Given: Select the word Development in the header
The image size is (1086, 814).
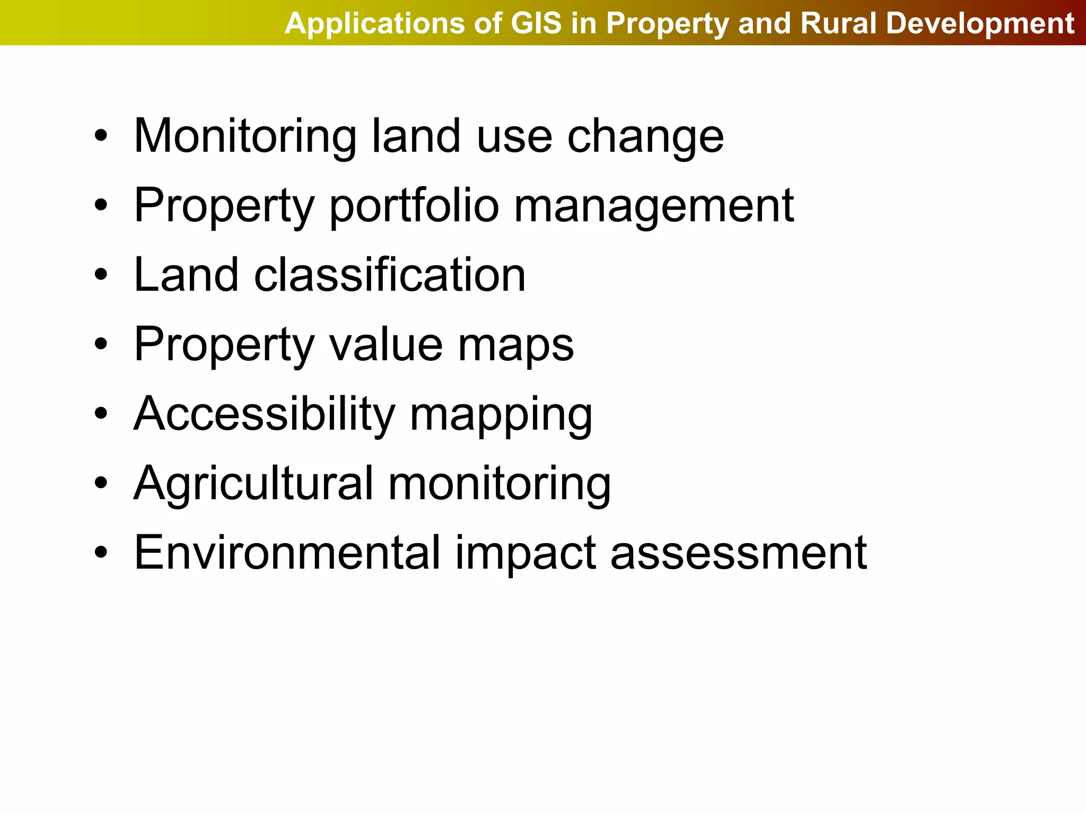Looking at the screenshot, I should pos(979,24).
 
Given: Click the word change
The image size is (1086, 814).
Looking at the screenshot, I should pos(645,137).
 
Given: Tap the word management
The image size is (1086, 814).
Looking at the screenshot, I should pos(654,207).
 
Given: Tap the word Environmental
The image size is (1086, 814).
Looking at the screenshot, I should pos(287,553).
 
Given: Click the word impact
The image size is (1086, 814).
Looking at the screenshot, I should pos(525,554).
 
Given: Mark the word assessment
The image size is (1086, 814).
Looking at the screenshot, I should pos(739,554).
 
